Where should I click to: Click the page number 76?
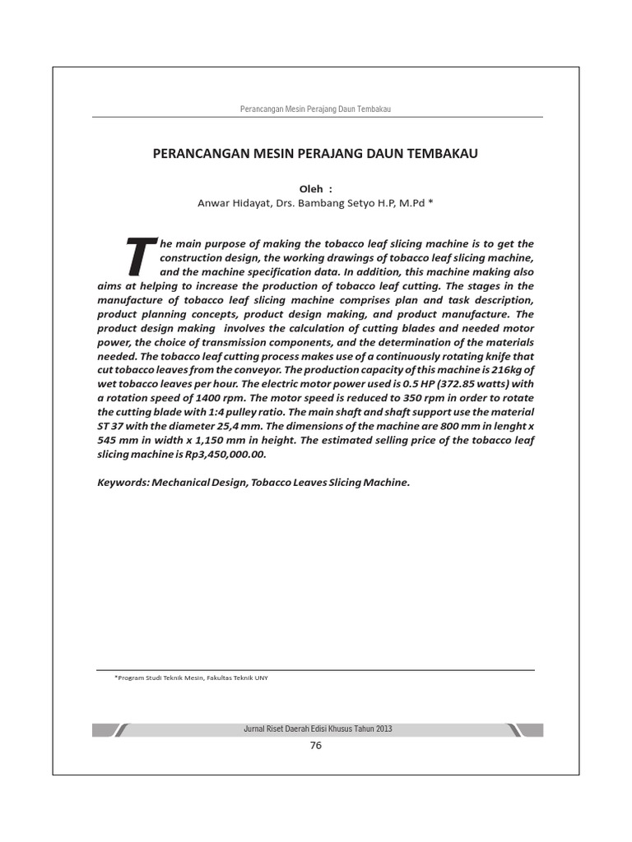tap(315, 746)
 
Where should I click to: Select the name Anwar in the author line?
tap(216, 202)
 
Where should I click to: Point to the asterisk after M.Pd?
tap(429, 202)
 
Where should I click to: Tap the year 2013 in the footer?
tap(383, 729)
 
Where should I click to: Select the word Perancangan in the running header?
tap(259, 110)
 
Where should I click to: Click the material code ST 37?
tap(110, 426)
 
